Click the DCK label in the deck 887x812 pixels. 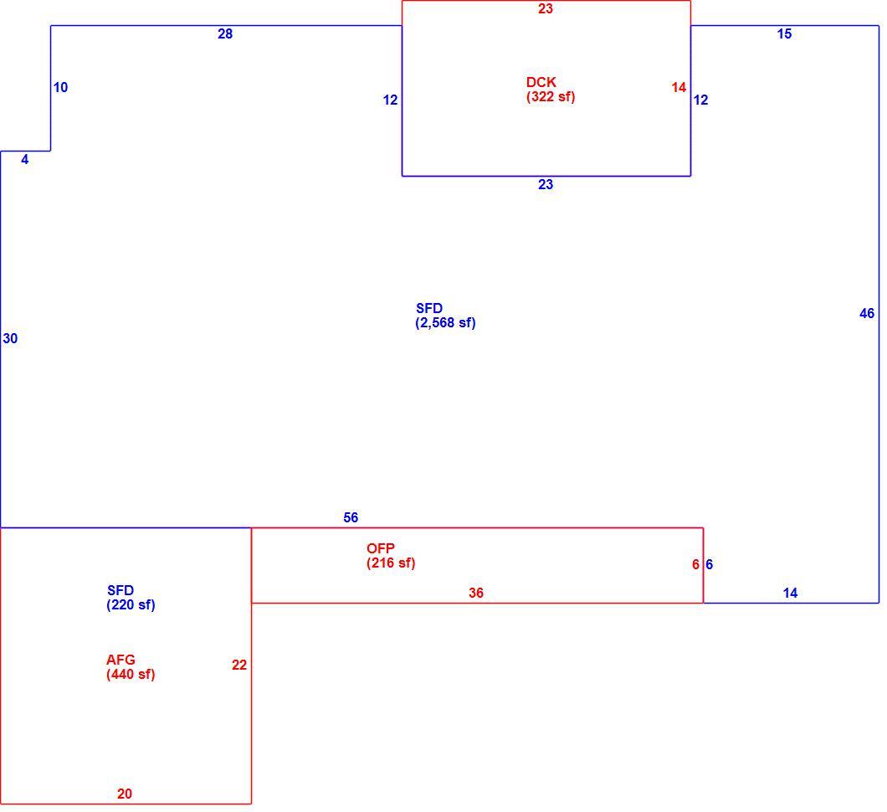[541, 82]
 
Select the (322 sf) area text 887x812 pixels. [551, 97]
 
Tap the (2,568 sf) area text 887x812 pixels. [445, 323]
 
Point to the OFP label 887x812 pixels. [381, 548]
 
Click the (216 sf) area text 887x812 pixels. [391, 563]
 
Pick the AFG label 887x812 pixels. [120, 660]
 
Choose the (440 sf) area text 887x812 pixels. [131, 675]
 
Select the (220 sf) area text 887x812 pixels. [131, 605]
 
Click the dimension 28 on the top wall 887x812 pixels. [225, 34]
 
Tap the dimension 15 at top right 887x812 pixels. [784, 34]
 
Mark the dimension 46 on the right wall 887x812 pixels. [867, 313]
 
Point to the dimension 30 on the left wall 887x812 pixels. [10, 338]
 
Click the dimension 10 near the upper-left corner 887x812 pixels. [60, 87]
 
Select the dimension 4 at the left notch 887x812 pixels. [25, 160]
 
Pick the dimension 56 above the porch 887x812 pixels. [351, 518]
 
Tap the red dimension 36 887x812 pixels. [476, 593]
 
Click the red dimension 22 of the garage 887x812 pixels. [239, 665]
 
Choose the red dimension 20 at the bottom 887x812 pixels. [125, 794]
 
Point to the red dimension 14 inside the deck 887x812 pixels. [679, 87]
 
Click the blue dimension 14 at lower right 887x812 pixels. [790, 593]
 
